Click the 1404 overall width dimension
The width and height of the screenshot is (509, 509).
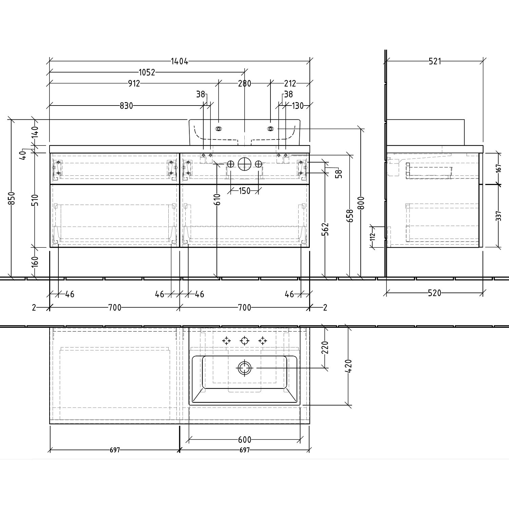[x=179, y=61]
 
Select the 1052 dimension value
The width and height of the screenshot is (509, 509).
[x=147, y=72]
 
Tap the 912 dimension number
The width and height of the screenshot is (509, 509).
[x=134, y=83]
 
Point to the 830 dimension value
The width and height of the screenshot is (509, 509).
[x=126, y=106]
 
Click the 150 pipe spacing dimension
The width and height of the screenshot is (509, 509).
[x=244, y=191]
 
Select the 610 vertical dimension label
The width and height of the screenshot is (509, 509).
[x=217, y=199]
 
